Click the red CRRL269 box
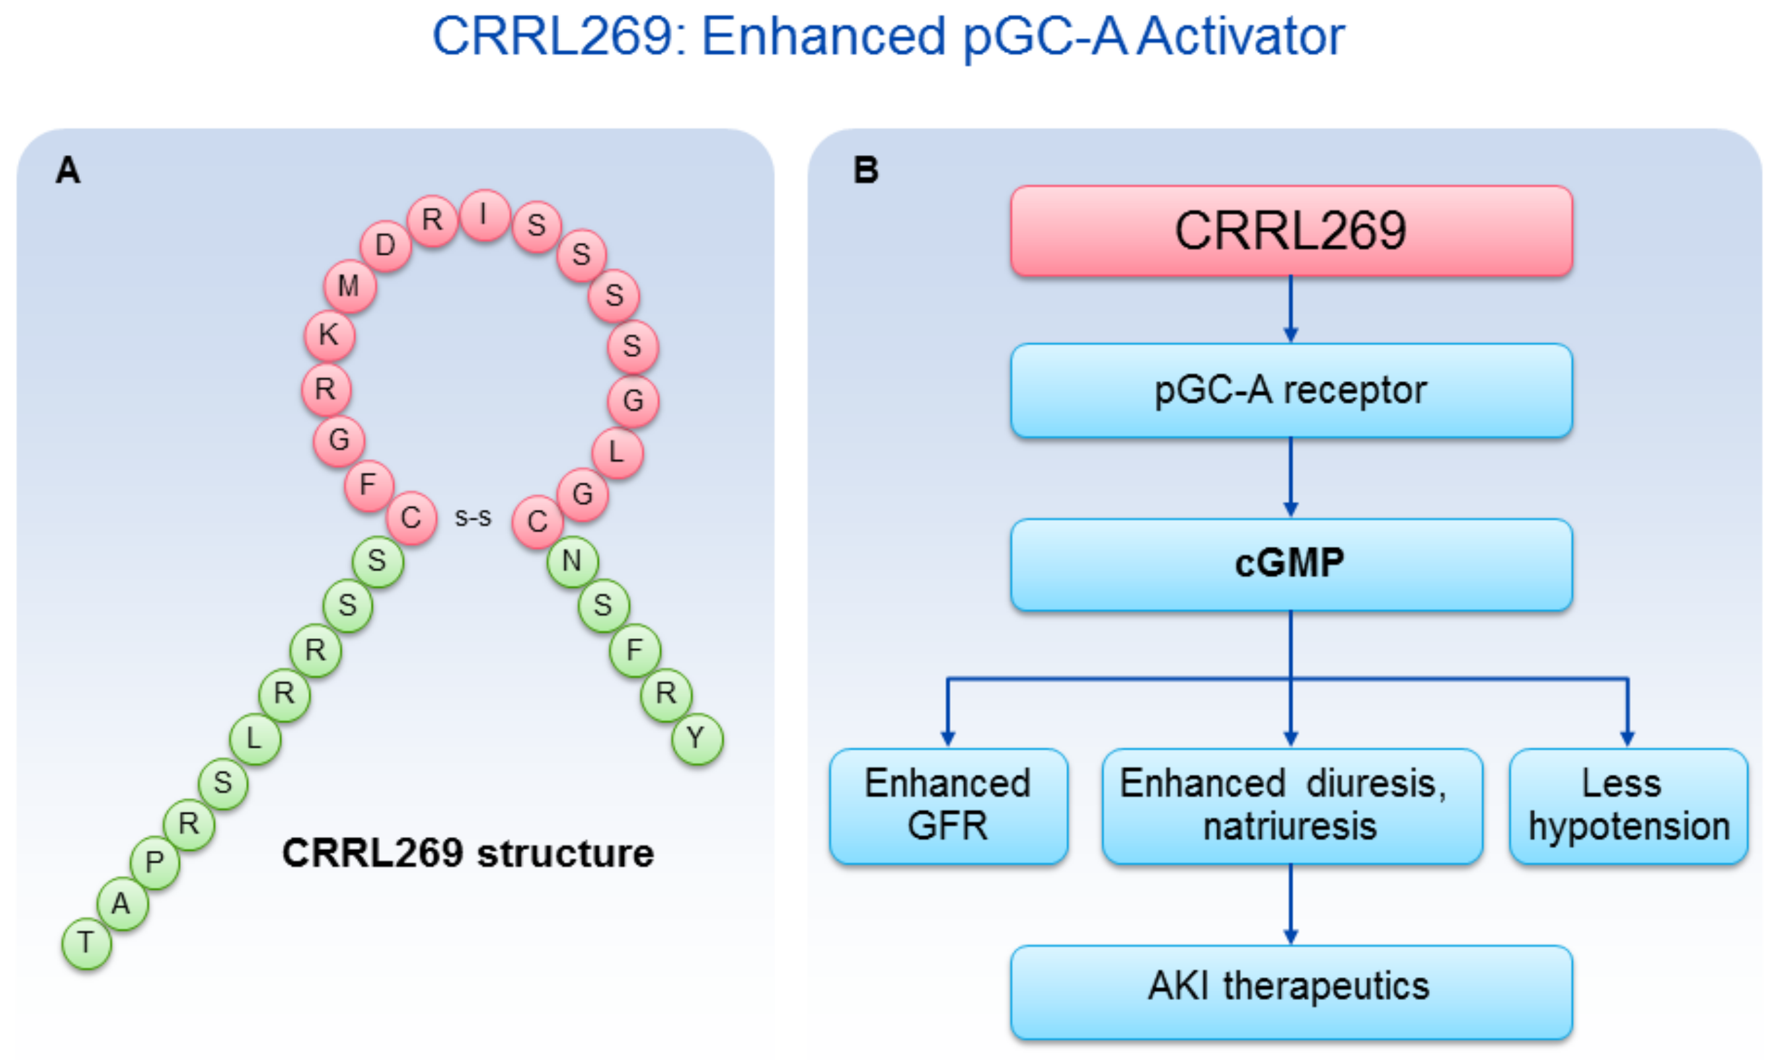1291,230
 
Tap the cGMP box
1291,565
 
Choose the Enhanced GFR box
948,806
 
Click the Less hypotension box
1628,806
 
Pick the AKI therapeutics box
1291,992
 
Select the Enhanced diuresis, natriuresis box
1292,806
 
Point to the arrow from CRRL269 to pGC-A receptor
1290,309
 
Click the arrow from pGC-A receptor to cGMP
1290,477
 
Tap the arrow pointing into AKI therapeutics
1290,905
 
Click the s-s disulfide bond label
473,517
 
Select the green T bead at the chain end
86,943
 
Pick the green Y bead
697,739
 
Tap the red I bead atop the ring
485,215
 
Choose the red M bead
349,286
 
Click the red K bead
329,334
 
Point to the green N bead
572,562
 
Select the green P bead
154,863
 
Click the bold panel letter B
865,170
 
